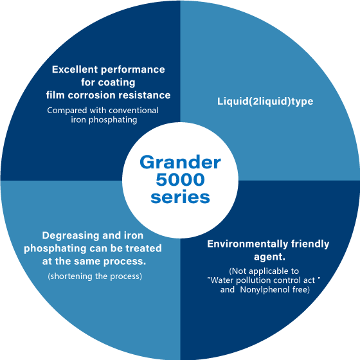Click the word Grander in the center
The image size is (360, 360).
(180, 162)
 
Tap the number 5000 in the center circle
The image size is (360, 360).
(180, 179)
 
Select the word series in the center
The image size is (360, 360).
(180, 197)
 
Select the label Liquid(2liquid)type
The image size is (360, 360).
(265, 102)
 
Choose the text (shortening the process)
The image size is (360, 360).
(95, 276)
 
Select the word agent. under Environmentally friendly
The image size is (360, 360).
(269, 257)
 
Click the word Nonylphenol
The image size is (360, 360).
(265, 289)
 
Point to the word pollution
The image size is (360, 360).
(253, 280)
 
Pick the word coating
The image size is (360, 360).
(116, 83)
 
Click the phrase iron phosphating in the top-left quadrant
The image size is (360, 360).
(104, 120)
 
